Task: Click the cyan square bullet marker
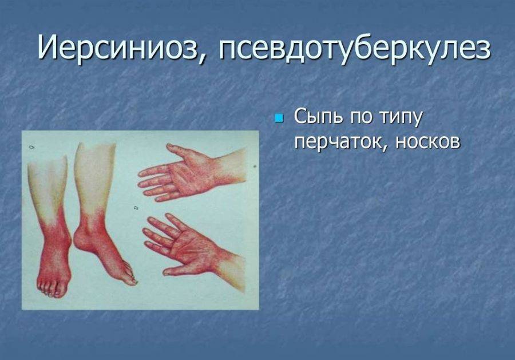pos(279,117)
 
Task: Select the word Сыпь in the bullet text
pos(317,117)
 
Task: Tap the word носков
pos(427,142)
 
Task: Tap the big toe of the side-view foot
pos(132,280)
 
